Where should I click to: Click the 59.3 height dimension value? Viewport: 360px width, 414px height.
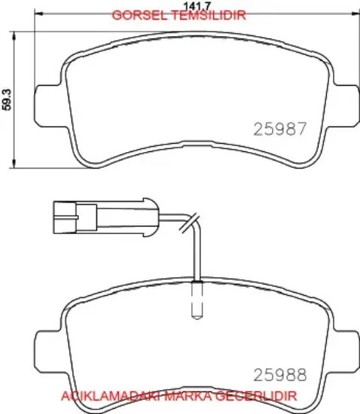click(x=7, y=99)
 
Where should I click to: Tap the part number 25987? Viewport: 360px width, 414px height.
click(x=280, y=129)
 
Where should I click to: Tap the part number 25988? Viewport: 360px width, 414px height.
click(x=280, y=374)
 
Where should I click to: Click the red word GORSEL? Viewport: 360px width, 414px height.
click(x=139, y=15)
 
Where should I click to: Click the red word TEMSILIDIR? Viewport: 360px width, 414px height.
click(x=209, y=15)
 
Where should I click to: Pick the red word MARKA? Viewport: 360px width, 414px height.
click(x=188, y=396)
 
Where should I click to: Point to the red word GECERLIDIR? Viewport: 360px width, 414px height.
click(x=256, y=396)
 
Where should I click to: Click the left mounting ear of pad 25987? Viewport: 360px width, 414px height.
click(x=49, y=106)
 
